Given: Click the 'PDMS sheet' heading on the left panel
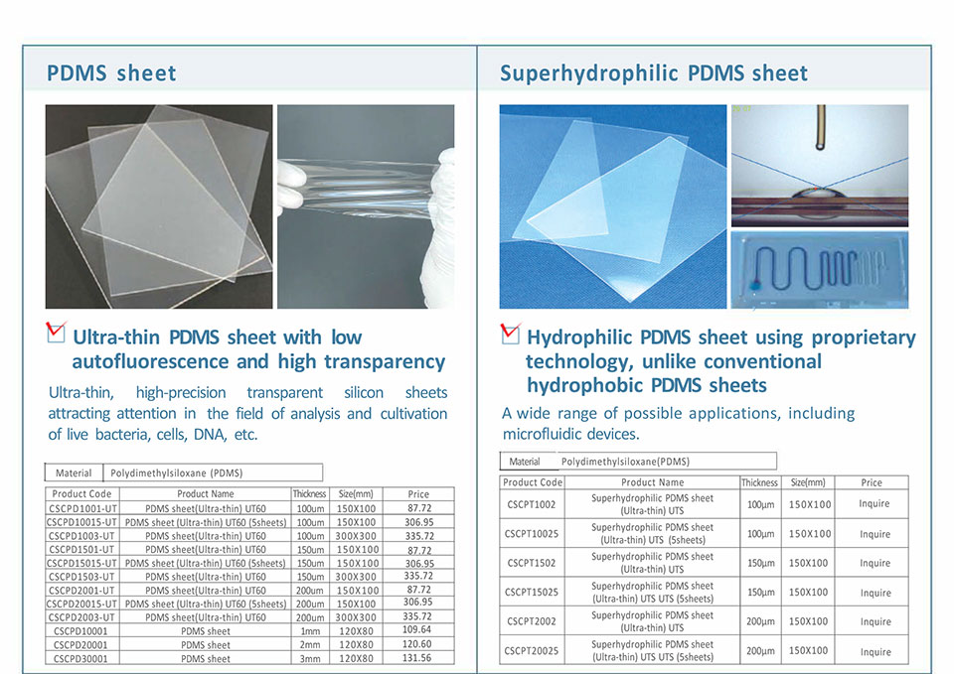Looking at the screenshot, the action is tap(111, 73).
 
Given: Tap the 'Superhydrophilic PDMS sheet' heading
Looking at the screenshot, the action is tap(654, 73).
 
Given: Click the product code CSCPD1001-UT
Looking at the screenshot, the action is tap(81, 508).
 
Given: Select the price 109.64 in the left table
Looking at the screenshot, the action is tap(416, 629).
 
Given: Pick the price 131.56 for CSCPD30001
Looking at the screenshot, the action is tap(416, 657).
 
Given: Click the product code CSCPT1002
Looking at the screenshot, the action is tap(531, 504).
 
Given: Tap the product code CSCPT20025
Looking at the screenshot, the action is tap(531, 651).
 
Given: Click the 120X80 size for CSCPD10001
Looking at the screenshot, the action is tap(356, 631).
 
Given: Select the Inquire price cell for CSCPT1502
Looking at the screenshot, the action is tap(874, 564).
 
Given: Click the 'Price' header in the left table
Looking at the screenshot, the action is tap(418, 494).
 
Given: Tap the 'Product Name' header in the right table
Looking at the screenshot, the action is tap(652, 482).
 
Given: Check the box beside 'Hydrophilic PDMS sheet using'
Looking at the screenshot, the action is tap(511, 333).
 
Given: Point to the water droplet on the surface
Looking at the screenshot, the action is tap(817, 194).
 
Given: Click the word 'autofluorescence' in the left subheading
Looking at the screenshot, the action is tap(150, 361).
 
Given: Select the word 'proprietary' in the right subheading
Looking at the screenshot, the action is tap(864, 338).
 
